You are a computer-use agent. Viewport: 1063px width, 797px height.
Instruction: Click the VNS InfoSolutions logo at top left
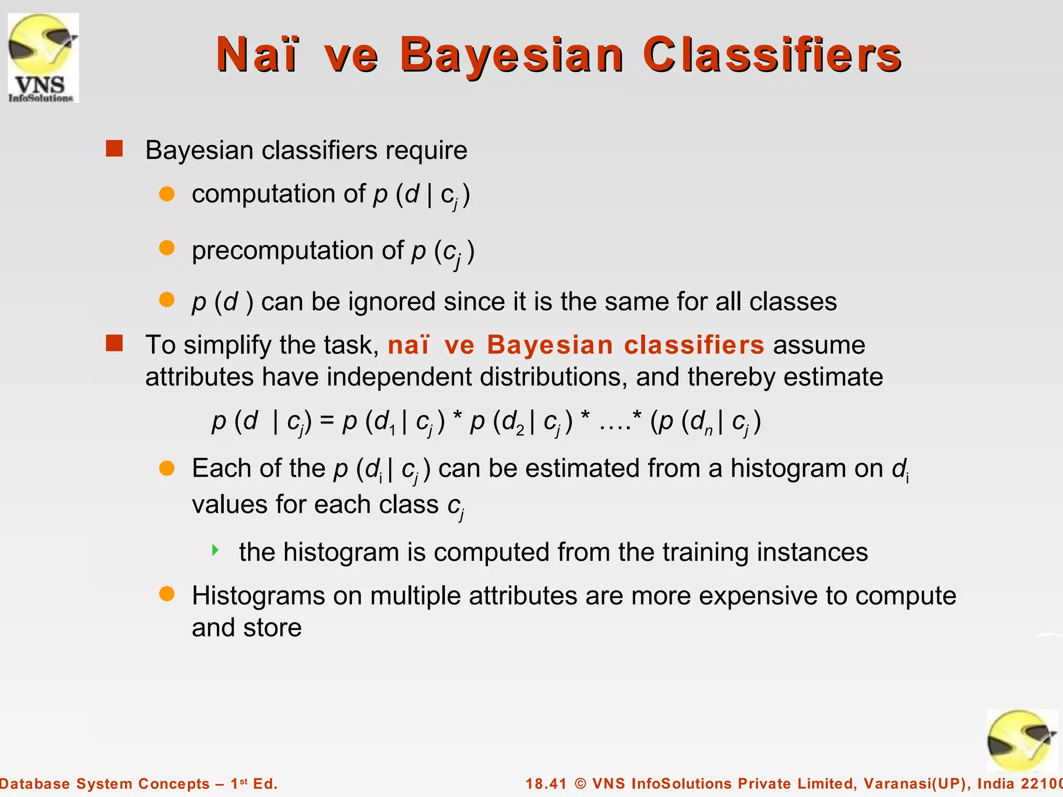pyautogui.click(x=43, y=58)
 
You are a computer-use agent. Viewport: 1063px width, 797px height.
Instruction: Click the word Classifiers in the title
pyautogui.click(x=772, y=54)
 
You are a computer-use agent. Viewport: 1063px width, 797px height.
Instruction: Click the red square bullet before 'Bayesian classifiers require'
pyautogui.click(x=114, y=148)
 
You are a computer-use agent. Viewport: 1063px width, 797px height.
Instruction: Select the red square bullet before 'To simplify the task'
pyautogui.click(x=114, y=343)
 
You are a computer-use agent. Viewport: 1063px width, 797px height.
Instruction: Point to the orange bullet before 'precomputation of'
pyautogui.click(x=167, y=248)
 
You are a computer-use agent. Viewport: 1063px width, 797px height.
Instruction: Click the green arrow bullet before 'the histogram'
pyautogui.click(x=215, y=549)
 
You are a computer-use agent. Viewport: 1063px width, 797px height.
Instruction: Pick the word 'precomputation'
pyautogui.click(x=283, y=251)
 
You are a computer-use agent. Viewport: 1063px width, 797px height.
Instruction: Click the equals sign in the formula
pyautogui.click(x=326, y=420)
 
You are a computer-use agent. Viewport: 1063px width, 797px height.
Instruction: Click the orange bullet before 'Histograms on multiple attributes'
pyautogui.click(x=167, y=594)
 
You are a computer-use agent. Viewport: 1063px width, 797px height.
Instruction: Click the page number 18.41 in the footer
pyautogui.click(x=546, y=784)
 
